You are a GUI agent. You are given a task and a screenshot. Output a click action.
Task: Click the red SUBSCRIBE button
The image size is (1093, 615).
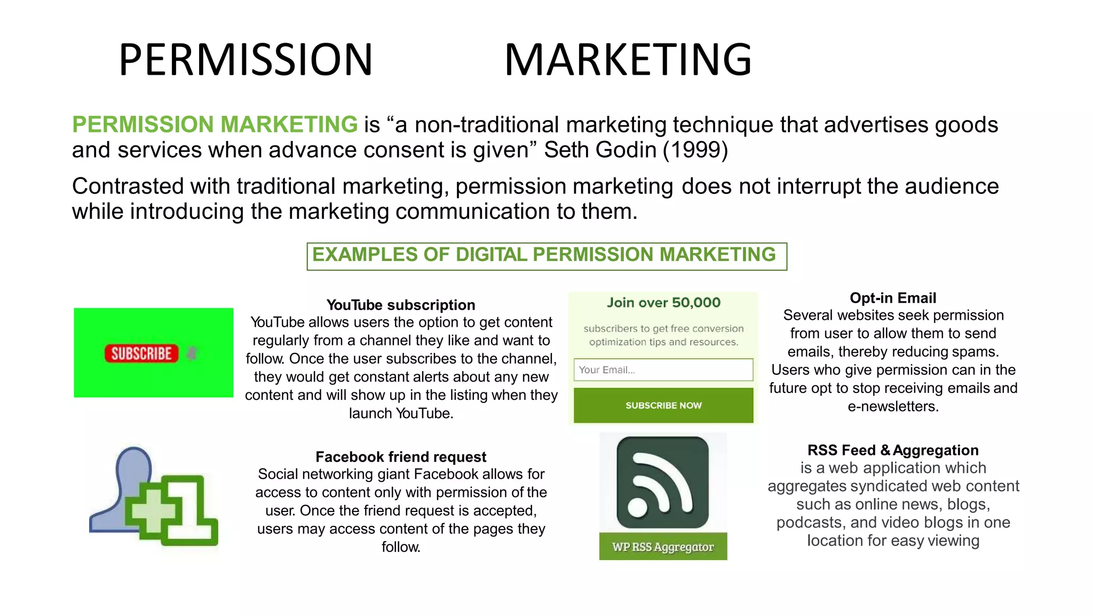tap(141, 353)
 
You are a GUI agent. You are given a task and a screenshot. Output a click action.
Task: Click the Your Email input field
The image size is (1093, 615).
tap(663, 369)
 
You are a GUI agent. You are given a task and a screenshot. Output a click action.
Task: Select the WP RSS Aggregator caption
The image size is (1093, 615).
tap(663, 547)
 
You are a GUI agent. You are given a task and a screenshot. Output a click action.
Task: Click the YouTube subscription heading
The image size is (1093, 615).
tap(401, 305)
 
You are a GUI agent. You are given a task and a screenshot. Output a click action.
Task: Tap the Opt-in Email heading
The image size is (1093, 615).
tap(893, 298)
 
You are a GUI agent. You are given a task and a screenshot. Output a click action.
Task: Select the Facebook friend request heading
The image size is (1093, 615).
tap(401, 457)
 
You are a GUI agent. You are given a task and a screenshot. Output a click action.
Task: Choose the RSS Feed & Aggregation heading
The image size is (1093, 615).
tap(893, 450)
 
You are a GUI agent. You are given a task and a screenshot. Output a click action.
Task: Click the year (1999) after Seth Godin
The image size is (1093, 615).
tap(695, 150)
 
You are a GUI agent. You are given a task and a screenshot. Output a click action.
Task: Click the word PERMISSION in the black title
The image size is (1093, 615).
tap(245, 59)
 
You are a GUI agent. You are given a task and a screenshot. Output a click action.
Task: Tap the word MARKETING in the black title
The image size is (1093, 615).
tap(628, 59)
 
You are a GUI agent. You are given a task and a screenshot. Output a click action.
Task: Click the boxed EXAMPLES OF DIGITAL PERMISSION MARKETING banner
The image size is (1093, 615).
tap(546, 256)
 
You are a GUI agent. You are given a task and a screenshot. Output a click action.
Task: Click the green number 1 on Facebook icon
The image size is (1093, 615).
tap(192, 510)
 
